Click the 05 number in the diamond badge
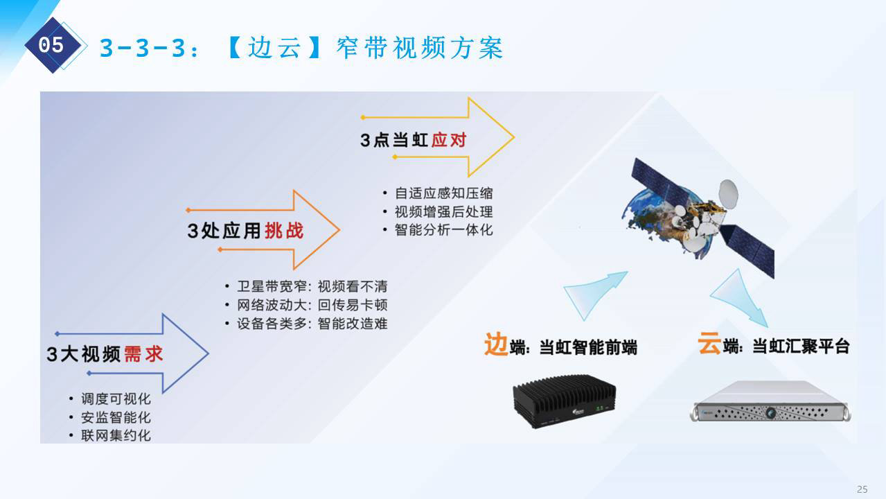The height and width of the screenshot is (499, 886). pyautogui.click(x=51, y=45)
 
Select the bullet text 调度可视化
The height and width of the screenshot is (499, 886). pyautogui.click(x=116, y=399)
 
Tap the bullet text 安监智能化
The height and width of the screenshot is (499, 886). pyautogui.click(x=116, y=417)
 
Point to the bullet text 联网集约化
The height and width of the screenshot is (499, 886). pyautogui.click(x=116, y=436)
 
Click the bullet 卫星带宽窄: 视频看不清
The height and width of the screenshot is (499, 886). pyautogui.click(x=312, y=286)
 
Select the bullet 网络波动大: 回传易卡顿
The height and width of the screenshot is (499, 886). pyautogui.click(x=312, y=305)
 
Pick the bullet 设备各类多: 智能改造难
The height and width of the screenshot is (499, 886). pyautogui.click(x=312, y=323)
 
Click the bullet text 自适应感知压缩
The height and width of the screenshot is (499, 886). pyautogui.click(x=444, y=193)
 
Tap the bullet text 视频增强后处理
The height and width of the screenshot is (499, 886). pyautogui.click(x=444, y=211)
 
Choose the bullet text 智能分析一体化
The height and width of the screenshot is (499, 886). pyautogui.click(x=444, y=230)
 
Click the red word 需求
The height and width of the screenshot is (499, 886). pyautogui.click(x=143, y=353)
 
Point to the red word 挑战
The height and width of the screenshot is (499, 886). pyautogui.click(x=284, y=231)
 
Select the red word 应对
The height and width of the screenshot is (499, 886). pyautogui.click(x=449, y=140)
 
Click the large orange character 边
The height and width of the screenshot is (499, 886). pyautogui.click(x=496, y=344)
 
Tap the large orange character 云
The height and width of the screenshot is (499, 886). pyautogui.click(x=709, y=342)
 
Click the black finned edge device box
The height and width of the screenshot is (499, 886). pyautogui.click(x=565, y=401)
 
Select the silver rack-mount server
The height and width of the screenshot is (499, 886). pyautogui.click(x=770, y=401)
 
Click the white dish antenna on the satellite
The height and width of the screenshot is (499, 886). pyautogui.click(x=728, y=193)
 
